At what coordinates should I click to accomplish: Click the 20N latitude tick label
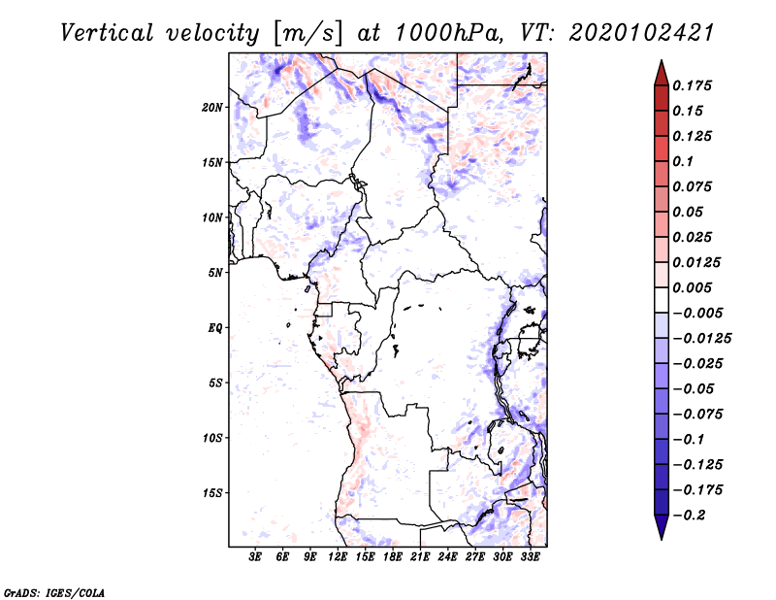coord(212,107)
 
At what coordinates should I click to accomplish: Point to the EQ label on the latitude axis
coord(215,328)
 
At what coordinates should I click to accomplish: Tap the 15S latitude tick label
coord(212,493)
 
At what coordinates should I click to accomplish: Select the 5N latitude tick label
coord(215,273)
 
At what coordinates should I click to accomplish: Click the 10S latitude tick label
coord(212,438)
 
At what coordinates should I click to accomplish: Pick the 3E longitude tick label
coord(256,557)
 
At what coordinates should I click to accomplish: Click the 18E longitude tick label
coord(393,557)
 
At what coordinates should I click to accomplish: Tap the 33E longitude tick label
coord(531,557)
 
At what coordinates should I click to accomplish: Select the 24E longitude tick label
coord(448,557)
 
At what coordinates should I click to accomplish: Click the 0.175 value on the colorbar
coord(695,85)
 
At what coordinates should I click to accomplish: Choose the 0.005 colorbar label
coord(695,287)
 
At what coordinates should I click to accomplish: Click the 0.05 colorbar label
coord(690,212)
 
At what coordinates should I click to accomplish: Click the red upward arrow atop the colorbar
coord(661,72)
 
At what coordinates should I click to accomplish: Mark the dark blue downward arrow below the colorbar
coord(661,527)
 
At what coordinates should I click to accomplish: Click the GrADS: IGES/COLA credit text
coord(54,591)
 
